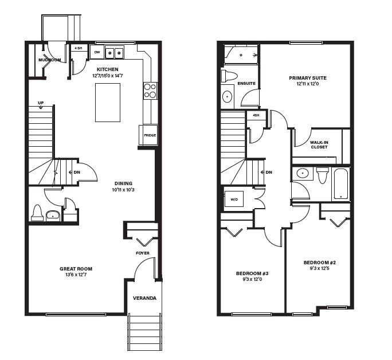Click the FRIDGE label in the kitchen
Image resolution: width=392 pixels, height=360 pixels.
[x=150, y=135]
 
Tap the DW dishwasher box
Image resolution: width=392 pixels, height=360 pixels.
[x=97, y=52]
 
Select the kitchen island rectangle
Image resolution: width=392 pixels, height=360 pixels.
[x=108, y=103]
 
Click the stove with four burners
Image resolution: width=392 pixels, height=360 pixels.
[x=150, y=91]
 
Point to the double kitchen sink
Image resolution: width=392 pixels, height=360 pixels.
[x=115, y=52]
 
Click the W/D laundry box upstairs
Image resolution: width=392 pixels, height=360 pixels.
[x=234, y=199]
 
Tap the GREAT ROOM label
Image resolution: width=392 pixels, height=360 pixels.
[x=76, y=269]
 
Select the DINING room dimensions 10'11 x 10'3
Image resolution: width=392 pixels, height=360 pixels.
[x=123, y=190]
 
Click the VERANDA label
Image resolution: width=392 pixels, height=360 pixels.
[x=144, y=298]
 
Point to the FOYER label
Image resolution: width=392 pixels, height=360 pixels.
[x=143, y=253]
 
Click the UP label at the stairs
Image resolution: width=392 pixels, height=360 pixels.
[x=41, y=103]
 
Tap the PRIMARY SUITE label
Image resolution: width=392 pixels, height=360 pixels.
[x=308, y=78]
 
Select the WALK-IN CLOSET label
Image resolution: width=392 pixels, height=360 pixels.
[x=319, y=145]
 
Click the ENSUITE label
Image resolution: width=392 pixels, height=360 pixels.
[x=246, y=84]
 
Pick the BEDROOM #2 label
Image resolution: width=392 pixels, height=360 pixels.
[x=319, y=263]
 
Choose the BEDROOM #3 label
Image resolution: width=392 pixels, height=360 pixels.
[x=252, y=273]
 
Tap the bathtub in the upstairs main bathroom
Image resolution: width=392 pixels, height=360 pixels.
[x=340, y=184]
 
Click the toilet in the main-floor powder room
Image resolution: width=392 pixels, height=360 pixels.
[x=37, y=213]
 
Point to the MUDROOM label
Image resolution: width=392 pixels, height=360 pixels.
[x=49, y=60]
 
